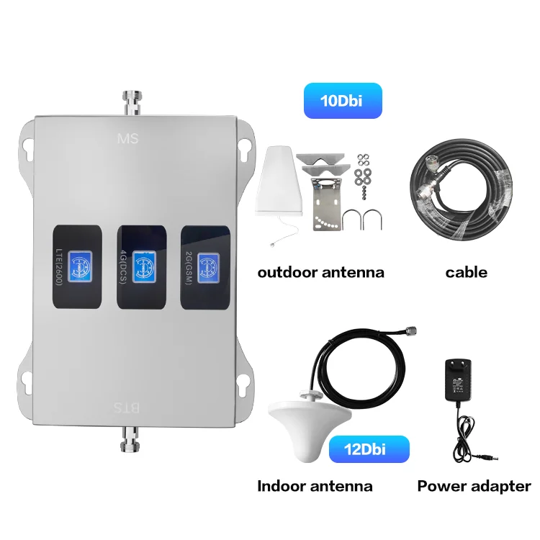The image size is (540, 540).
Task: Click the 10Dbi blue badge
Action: click(x=342, y=102)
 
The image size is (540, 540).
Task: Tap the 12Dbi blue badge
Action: click(x=369, y=449)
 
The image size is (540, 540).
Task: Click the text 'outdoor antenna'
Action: click(x=320, y=273)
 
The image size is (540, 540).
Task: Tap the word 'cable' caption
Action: click(x=466, y=272)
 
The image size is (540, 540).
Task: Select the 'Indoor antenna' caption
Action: click(x=315, y=486)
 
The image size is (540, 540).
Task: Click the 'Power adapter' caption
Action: click(x=474, y=486)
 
